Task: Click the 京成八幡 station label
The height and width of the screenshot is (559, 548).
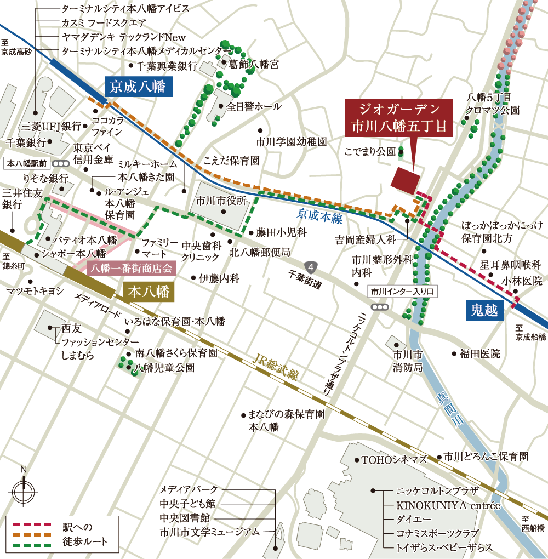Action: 139,86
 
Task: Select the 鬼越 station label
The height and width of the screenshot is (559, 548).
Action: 484,311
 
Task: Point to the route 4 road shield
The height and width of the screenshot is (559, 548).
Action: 311,267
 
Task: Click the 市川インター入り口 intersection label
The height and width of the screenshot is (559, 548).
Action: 402,292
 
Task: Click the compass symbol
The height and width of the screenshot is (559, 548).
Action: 23,492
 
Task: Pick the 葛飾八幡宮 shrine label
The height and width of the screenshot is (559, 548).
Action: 254,65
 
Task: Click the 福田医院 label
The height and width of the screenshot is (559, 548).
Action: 480,354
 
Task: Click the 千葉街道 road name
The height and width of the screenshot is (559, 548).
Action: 306,280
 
